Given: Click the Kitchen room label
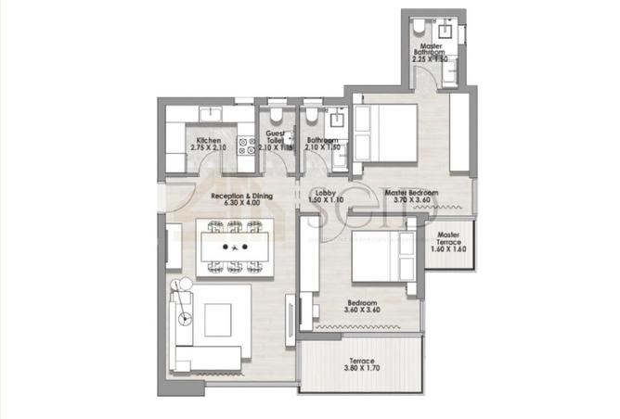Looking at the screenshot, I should click(208, 140).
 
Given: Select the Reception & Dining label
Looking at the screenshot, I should click(241, 197).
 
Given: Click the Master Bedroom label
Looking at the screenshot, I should click(411, 193).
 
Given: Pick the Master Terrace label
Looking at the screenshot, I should click(449, 235).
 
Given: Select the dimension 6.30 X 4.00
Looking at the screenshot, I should click(241, 204).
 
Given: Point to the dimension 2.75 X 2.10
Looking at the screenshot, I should click(208, 147).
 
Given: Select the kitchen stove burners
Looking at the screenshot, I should click(246, 146).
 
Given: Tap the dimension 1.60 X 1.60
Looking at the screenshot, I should click(449, 250).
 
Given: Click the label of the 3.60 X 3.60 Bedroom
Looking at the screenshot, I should click(362, 303).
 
